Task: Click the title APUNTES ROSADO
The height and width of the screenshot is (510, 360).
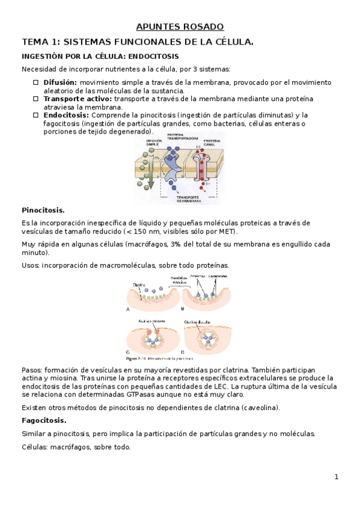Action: pyautogui.click(x=180, y=27)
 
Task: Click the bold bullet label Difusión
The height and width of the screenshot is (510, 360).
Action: pyautogui.click(x=60, y=82)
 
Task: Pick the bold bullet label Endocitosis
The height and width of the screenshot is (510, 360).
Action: pyautogui.click(x=66, y=115)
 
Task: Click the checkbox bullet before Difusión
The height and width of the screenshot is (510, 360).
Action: pyautogui.click(x=36, y=82)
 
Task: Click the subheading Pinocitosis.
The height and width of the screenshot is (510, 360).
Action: pyautogui.click(x=43, y=210)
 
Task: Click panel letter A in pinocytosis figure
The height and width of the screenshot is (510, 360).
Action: pyautogui.click(x=128, y=309)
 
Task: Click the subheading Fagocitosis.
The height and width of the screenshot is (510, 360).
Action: pyautogui.click(x=44, y=420)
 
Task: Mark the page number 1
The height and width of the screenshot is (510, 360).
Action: pyautogui.click(x=337, y=477)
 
